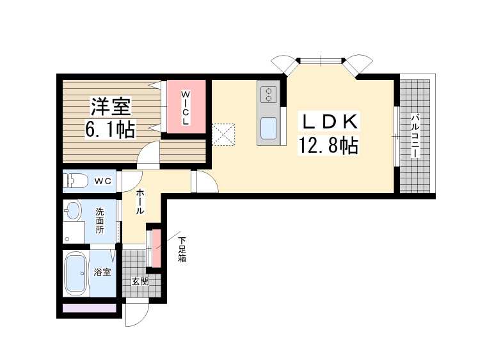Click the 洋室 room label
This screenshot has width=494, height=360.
[x=111, y=107]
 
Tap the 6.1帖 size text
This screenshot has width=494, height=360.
[x=110, y=129]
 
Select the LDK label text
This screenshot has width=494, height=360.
[x=330, y=121]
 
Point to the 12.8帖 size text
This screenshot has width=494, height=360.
[x=328, y=145]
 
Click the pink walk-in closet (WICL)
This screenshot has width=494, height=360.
[x=186, y=107]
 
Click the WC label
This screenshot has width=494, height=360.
[x=103, y=181]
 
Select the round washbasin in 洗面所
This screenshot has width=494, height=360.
[x=73, y=210]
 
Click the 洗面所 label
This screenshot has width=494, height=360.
[x=100, y=221]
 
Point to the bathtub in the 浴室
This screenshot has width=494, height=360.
[x=76, y=273]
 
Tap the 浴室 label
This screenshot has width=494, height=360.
[x=102, y=272]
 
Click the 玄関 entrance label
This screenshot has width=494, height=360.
[x=140, y=281]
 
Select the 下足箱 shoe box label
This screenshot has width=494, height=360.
[x=182, y=249]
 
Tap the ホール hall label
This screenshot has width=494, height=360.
[x=140, y=201]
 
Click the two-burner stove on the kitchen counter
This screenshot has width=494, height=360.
[x=268, y=95]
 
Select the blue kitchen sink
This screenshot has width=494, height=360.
[x=268, y=128]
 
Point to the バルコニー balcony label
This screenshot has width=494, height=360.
[x=416, y=136]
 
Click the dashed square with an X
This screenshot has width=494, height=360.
[x=223, y=134]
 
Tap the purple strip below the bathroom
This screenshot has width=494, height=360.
[x=90, y=308]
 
